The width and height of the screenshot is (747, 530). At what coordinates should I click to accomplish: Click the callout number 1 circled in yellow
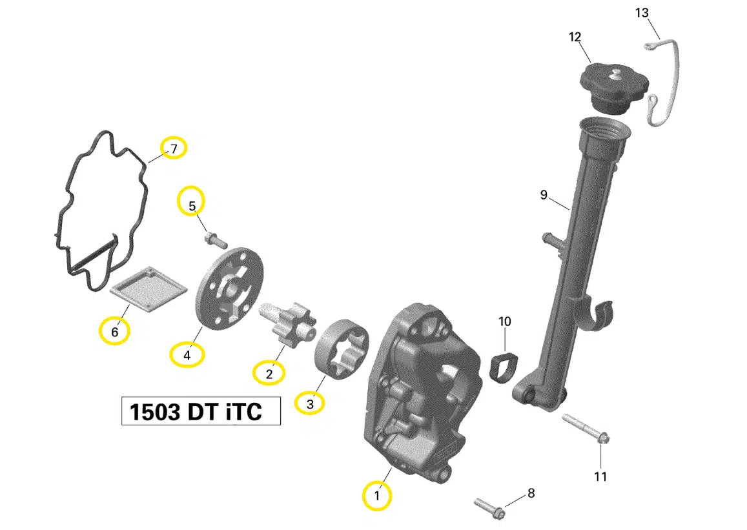point(377,496)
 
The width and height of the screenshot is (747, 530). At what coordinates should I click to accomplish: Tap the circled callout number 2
point(269,372)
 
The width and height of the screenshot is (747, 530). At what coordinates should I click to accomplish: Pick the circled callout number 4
point(187,354)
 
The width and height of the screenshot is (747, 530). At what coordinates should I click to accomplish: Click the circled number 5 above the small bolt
point(192,206)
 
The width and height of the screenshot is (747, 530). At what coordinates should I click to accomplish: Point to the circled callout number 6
point(114,332)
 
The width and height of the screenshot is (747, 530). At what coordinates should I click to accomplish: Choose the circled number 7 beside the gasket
point(174,149)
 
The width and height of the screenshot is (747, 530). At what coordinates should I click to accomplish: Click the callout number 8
point(531,494)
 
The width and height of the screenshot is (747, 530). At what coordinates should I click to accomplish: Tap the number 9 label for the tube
point(544,194)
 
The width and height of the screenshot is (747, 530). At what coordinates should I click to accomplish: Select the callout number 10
point(505,321)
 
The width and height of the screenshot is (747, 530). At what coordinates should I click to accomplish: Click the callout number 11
point(600,476)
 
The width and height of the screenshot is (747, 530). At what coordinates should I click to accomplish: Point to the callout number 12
point(575,37)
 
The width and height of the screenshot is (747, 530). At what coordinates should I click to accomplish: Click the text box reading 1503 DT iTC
point(201,411)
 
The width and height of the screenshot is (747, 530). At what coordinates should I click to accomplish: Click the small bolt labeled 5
point(215,240)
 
